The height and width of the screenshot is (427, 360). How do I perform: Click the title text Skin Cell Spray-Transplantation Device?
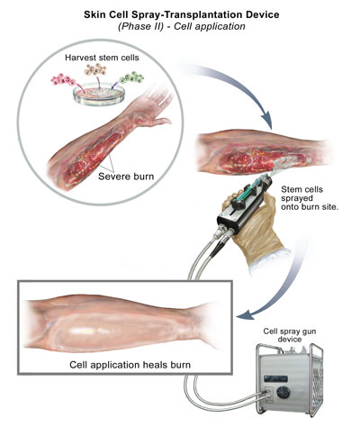[x=182, y=14]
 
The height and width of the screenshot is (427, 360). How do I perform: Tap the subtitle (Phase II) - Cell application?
[x=182, y=26]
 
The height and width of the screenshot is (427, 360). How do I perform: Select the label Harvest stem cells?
[x=102, y=58]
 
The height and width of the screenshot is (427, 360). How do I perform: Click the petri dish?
[x=99, y=95]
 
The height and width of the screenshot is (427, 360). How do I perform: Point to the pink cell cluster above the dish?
[x=63, y=80]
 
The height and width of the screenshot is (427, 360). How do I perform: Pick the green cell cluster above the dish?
[x=131, y=77]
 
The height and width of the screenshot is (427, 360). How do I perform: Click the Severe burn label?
[x=126, y=177]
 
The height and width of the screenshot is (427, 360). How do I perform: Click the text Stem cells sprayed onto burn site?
[x=310, y=198]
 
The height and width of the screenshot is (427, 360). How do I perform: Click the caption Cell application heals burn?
[x=130, y=365]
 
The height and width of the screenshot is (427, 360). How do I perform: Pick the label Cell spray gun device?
[x=290, y=335]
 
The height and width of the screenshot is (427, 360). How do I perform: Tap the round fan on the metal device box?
[x=283, y=393]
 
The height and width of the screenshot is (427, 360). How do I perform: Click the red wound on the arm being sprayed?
[x=249, y=160]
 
